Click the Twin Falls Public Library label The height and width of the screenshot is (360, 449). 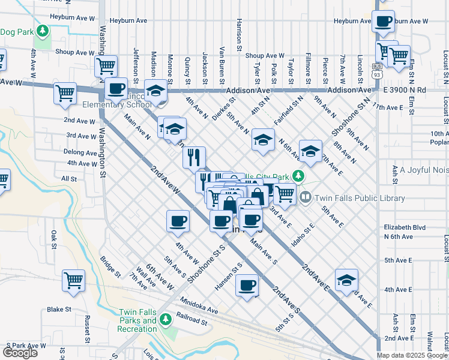point(344,197)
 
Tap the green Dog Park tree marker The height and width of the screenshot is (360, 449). point(42,30)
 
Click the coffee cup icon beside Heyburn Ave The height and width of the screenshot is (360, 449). point(383,22)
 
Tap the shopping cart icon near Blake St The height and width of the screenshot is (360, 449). point(73,280)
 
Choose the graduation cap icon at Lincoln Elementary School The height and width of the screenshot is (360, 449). point(155,91)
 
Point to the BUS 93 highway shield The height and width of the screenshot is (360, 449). point(376,70)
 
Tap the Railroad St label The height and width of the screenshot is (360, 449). point(192,322)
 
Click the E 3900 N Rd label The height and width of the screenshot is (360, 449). point(405,90)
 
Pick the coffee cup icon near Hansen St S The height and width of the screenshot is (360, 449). point(247,286)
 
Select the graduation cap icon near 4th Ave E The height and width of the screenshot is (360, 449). point(346,280)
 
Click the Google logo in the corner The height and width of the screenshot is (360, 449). point(20,353)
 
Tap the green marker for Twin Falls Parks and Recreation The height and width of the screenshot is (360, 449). point(166,320)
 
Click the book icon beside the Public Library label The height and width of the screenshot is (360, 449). point(306,197)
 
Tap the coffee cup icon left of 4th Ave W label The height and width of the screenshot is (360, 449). point(177,221)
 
